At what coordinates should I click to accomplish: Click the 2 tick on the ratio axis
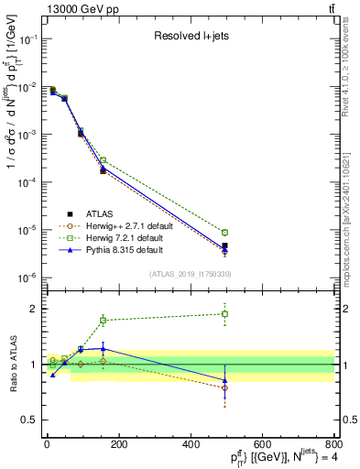pos(36,309)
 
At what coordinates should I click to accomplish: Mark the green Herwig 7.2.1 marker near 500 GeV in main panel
pos(225,233)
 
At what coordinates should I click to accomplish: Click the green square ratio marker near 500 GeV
pos(225,314)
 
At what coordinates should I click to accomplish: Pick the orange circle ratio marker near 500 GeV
pos(225,387)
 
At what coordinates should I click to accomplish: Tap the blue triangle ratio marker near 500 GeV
pos(225,379)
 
